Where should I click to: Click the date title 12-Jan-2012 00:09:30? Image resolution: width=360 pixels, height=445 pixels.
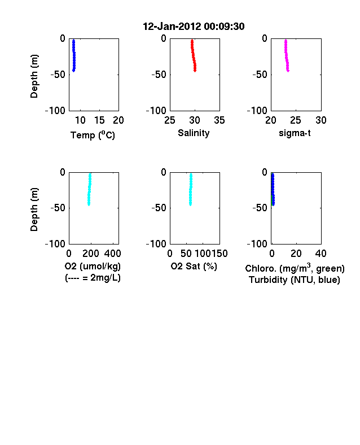pyautogui.click(x=194, y=27)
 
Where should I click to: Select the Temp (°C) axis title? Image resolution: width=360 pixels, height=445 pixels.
pyautogui.click(x=93, y=135)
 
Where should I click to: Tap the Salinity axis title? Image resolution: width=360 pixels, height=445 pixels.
pyautogui.click(x=194, y=133)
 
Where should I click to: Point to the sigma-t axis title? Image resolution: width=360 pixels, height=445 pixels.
pyautogui.click(x=295, y=133)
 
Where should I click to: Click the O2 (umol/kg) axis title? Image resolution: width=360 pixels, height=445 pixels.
pyautogui.click(x=93, y=266)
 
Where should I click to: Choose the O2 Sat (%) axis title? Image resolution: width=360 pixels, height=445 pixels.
pyautogui.click(x=194, y=266)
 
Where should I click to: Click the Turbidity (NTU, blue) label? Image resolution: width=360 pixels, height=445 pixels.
pyautogui.click(x=295, y=280)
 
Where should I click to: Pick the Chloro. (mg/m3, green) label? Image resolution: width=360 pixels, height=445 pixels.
pyautogui.click(x=295, y=268)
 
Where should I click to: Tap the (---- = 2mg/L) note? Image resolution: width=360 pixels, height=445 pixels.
pyautogui.click(x=93, y=277)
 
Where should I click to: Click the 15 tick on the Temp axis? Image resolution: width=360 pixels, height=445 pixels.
pyautogui.click(x=99, y=120)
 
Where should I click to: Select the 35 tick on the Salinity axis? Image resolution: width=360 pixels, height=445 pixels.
pyautogui.click(x=219, y=120)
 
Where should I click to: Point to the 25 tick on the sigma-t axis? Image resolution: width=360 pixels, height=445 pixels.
pyautogui.click(x=295, y=120)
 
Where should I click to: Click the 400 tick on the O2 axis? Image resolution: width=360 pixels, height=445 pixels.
pyautogui.click(x=112, y=253)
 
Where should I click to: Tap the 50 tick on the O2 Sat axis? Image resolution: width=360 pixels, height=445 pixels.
pyautogui.click(x=186, y=253)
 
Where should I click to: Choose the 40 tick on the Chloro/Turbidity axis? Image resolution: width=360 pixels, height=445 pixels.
pyautogui.click(x=321, y=253)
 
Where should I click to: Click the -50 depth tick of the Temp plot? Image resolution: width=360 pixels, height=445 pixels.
pyautogui.click(x=58, y=75)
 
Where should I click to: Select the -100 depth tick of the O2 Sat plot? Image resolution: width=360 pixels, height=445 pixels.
pyautogui.click(x=156, y=244)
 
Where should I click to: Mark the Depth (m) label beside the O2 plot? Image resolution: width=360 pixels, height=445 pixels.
pyautogui.click(x=34, y=210)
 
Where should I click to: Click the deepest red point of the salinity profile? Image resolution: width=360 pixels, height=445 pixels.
pyautogui.click(x=195, y=71)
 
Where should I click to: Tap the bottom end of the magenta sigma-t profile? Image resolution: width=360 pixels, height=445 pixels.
pyautogui.click(x=288, y=71)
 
